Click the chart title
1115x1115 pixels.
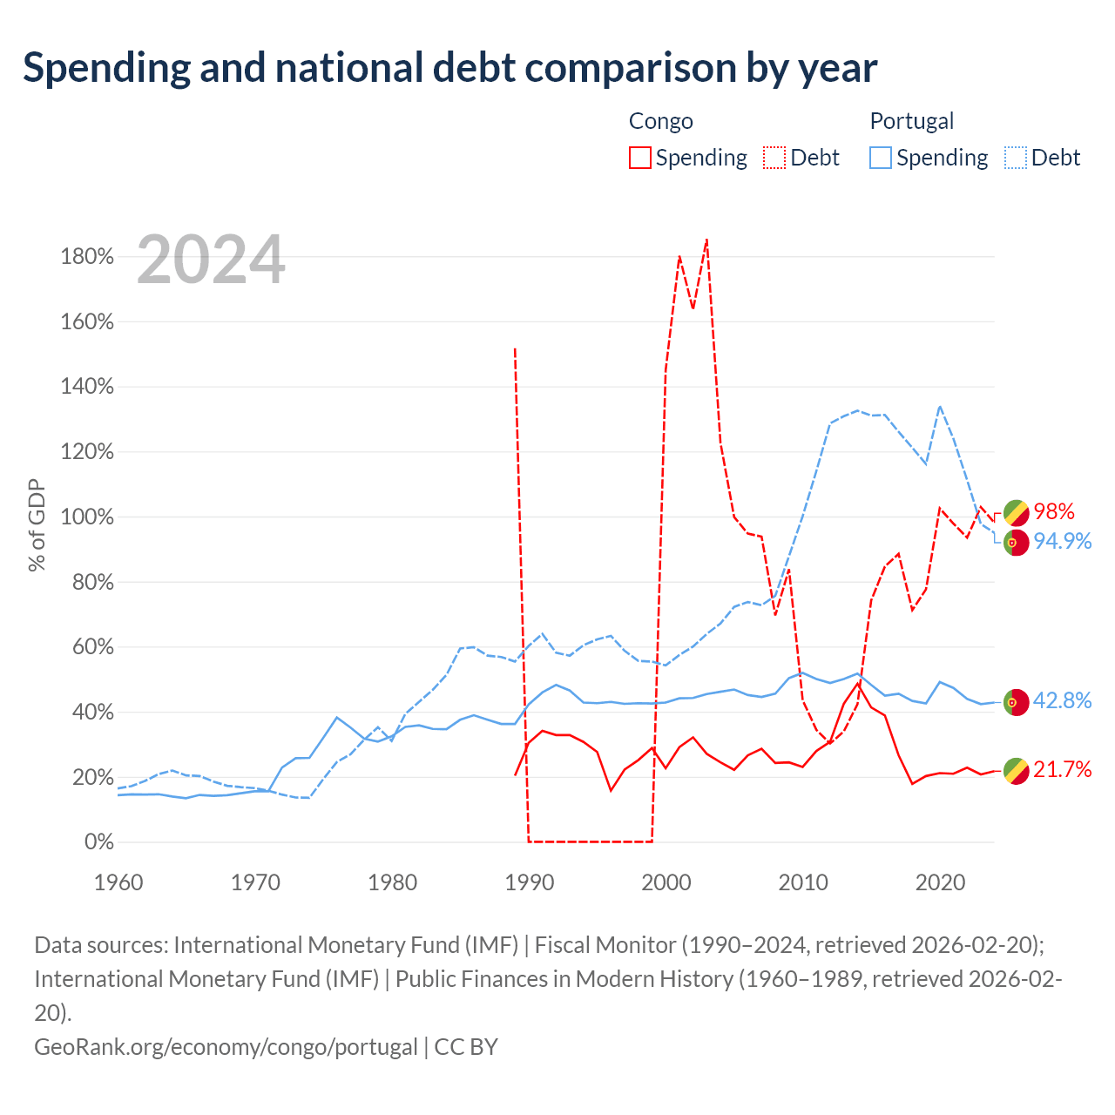[x=449, y=68]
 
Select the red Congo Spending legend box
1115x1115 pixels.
[x=639, y=158]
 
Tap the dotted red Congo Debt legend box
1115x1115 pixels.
[x=774, y=158]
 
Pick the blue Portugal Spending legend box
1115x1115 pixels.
[x=880, y=158]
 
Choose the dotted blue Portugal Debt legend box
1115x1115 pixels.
[x=1015, y=158]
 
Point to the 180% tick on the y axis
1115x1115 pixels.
[x=87, y=256]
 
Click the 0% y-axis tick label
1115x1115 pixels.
[x=99, y=841]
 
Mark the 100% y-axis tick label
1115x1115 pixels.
[x=87, y=517]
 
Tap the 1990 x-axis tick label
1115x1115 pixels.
[x=530, y=882]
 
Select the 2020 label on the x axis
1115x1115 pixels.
[x=940, y=882]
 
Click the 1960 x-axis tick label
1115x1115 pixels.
[x=118, y=882]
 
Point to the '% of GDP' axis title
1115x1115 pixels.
[x=37, y=524]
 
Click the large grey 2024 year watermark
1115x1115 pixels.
[x=211, y=260]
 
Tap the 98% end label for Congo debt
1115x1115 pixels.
[x=1054, y=511]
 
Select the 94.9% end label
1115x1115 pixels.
[x=1063, y=541]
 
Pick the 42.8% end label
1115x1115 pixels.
[x=1063, y=700]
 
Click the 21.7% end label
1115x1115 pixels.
[x=1063, y=769]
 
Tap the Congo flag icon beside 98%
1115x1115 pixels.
[x=1016, y=513]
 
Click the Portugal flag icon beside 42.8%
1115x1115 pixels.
[x=1016, y=702]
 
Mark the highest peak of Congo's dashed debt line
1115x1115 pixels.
[x=706, y=239]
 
